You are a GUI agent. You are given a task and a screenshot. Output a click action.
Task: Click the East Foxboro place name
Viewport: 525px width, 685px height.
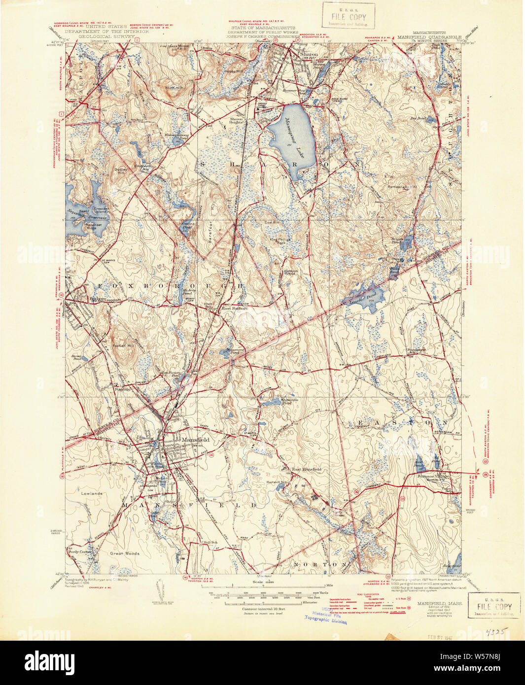(x=234, y=308)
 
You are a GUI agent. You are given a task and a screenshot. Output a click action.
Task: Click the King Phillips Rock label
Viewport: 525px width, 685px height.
(x=277, y=241)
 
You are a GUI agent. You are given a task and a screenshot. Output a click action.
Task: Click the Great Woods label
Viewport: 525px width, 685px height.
(x=124, y=553)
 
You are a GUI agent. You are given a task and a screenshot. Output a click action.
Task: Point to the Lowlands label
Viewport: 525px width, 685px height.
(x=92, y=493)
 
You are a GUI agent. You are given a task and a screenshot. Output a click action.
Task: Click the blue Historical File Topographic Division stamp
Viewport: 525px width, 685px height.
(x=326, y=617)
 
